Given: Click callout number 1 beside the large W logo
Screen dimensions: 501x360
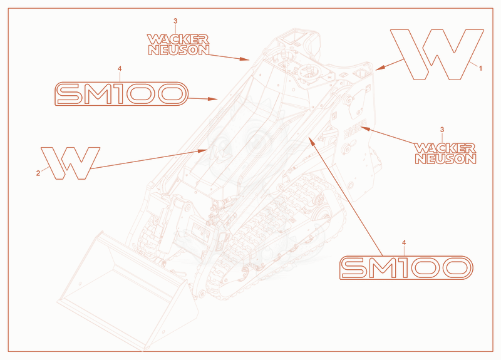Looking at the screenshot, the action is tap(480, 68).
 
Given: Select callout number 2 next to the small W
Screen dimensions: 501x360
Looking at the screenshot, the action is tap(38, 173).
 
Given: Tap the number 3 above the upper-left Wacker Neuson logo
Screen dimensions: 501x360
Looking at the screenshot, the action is tap(175, 21).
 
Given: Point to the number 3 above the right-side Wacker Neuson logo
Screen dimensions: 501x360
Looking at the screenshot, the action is tap(442, 130).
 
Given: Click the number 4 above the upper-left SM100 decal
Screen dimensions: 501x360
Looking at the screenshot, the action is tap(120, 69).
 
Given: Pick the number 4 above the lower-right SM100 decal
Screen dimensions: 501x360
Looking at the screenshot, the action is tap(404, 243).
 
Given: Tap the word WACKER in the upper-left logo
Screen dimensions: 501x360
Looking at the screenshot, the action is tap(178, 39).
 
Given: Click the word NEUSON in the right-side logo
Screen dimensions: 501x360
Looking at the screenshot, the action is tap(446, 159).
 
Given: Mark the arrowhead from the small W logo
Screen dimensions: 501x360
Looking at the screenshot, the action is tap(204, 150).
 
